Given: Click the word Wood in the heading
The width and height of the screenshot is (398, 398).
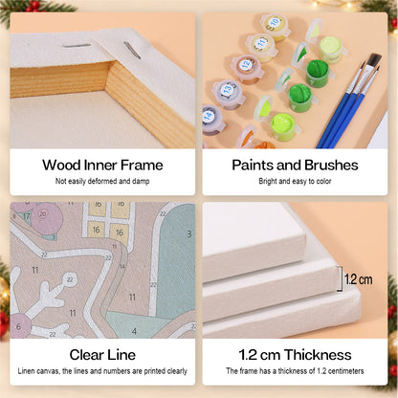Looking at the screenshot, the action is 61,166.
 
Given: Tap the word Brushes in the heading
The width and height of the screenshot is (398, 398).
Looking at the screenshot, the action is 331,166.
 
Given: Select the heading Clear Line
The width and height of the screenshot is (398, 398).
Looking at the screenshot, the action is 102,355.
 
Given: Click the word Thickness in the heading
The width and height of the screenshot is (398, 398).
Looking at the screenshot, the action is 318,355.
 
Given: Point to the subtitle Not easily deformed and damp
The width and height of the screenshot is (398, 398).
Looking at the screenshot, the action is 102,181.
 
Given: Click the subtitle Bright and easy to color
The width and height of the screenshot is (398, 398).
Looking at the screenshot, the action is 295,181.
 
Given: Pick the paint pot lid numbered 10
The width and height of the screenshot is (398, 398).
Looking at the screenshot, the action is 275,22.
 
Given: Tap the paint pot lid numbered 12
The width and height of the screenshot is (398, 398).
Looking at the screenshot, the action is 246,64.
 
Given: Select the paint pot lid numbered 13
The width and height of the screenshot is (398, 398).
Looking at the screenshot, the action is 228,89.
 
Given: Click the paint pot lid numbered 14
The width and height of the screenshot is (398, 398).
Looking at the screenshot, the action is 209,116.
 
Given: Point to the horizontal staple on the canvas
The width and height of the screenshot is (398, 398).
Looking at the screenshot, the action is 77,46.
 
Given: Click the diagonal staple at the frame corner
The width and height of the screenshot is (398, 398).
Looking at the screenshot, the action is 132,51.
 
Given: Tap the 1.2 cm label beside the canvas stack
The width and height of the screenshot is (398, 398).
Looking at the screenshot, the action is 359,279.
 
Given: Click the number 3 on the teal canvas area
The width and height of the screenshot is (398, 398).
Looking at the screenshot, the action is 189,234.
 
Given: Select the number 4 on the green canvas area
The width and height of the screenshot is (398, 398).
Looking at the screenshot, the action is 134,331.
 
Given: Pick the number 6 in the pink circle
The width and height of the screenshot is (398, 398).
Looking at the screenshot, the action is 18,326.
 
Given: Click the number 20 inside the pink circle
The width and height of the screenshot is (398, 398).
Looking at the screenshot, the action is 43,214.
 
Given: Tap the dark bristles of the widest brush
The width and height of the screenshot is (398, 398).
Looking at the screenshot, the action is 374,59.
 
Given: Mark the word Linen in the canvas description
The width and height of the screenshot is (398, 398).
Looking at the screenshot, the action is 26,371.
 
